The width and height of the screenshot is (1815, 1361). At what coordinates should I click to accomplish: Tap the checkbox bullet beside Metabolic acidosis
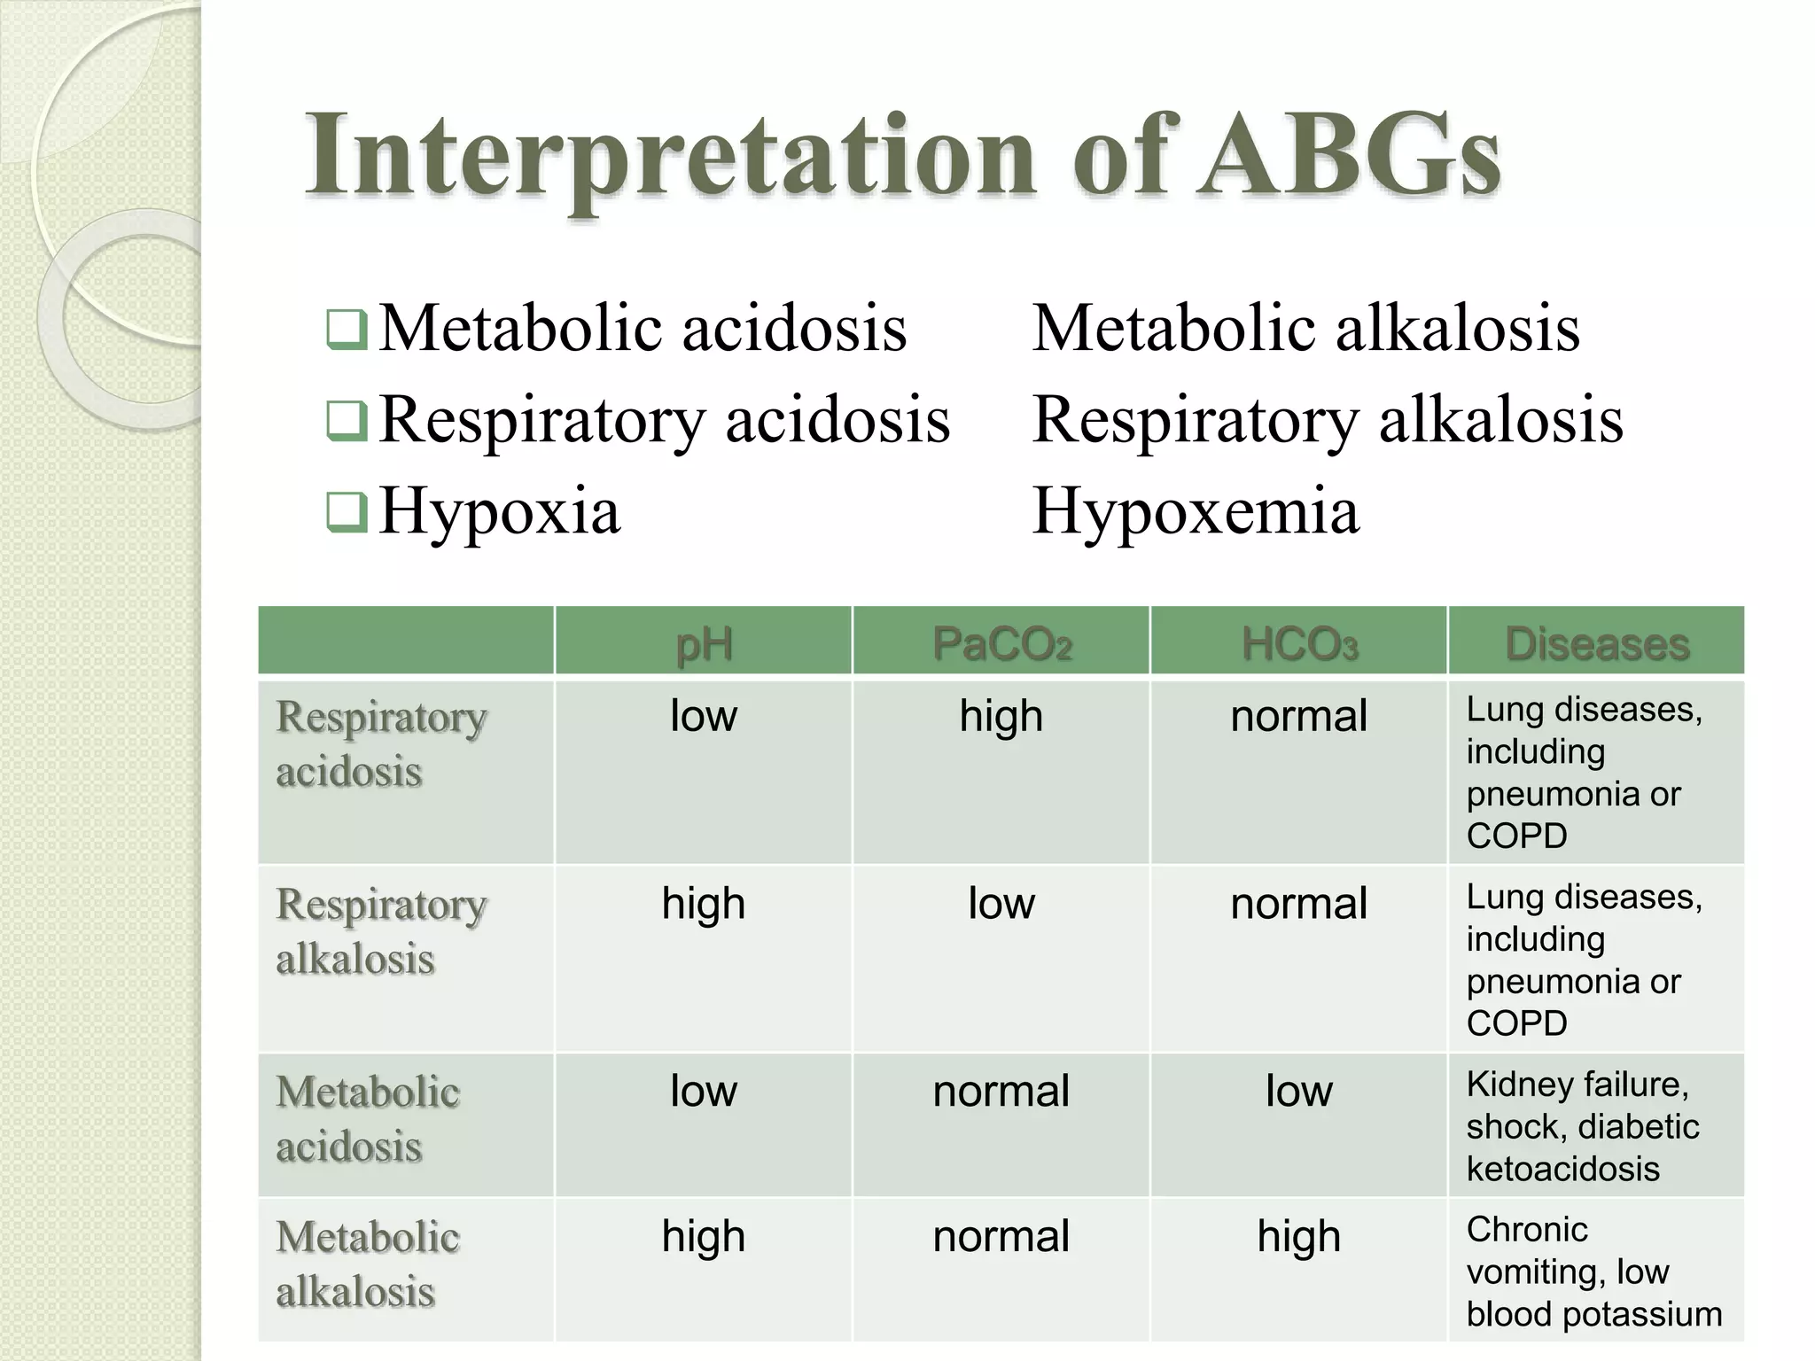click(347, 330)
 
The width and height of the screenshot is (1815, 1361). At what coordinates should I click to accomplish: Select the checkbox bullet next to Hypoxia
click(347, 512)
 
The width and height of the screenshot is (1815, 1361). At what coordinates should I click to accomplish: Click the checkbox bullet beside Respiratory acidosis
click(347, 421)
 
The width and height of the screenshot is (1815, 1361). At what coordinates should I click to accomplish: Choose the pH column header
click(704, 643)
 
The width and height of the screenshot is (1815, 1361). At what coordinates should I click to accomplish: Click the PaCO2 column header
click(1001, 643)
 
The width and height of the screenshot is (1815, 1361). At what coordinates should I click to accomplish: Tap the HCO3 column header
click(1299, 643)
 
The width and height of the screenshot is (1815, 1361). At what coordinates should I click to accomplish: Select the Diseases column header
click(1597, 643)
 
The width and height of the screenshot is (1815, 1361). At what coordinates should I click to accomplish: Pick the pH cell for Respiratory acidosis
click(704, 716)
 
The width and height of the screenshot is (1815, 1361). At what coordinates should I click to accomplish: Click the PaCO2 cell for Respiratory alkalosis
click(1001, 904)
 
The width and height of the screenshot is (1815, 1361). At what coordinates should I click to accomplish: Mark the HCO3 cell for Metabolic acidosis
click(1299, 1091)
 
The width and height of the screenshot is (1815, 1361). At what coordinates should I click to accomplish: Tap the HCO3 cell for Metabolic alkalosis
click(1299, 1236)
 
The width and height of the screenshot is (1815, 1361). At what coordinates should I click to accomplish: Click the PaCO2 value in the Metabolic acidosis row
click(1001, 1091)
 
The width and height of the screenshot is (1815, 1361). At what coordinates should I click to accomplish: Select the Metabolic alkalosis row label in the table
click(367, 1264)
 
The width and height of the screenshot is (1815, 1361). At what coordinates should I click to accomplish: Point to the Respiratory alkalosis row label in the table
click(381, 931)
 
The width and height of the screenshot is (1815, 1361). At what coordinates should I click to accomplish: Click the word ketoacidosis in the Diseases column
click(1562, 1169)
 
